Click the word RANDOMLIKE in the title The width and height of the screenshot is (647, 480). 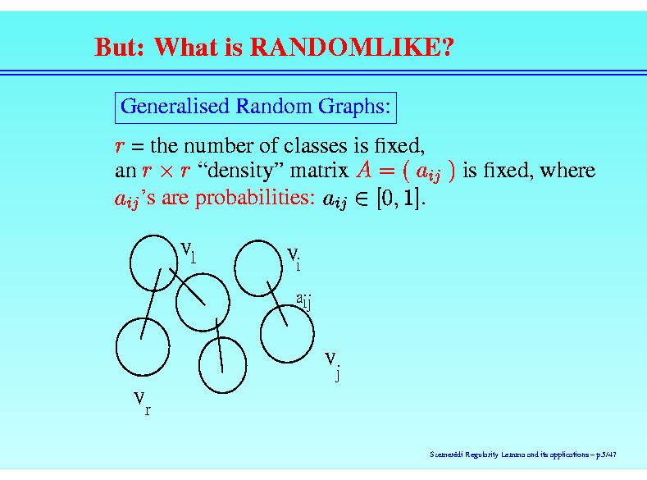[352, 46]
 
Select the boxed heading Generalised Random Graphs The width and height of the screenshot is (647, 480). [255, 107]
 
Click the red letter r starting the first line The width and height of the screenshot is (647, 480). [120, 146]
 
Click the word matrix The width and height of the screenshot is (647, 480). [319, 170]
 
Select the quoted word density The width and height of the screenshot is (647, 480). [240, 171]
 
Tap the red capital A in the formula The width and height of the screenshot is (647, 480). [364, 169]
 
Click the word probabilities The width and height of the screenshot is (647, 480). [254, 197]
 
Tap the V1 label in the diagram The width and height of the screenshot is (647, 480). [188, 252]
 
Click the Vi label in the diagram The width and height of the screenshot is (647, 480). [294, 258]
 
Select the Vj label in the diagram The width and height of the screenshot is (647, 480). [333, 365]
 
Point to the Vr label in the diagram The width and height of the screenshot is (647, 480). [143, 403]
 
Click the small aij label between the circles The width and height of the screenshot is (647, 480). [303, 301]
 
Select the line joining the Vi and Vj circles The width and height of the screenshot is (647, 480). [277, 304]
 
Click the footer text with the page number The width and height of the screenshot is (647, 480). [523, 455]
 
